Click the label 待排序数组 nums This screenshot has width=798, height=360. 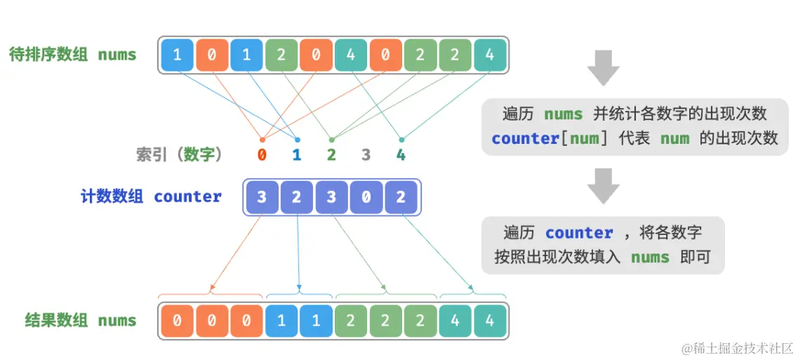point(72,55)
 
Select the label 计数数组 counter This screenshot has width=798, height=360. point(151,197)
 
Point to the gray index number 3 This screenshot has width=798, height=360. point(366,154)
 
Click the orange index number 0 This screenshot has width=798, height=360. point(262,154)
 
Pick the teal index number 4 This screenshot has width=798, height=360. point(401,154)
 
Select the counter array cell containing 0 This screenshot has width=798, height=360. point(366,197)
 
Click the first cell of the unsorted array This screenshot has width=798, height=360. point(177,55)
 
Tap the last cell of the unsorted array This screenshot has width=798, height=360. point(490,55)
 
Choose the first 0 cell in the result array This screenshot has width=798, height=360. point(177,321)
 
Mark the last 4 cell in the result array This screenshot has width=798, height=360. point(490,321)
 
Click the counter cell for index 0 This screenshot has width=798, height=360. point(262,197)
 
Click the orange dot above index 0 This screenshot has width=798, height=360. point(262,139)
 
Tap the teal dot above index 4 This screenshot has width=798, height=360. point(401,139)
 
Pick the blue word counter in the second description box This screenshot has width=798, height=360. point(579,233)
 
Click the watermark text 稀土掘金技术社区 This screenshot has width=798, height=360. point(737,348)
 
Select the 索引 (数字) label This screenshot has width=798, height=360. point(179,154)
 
